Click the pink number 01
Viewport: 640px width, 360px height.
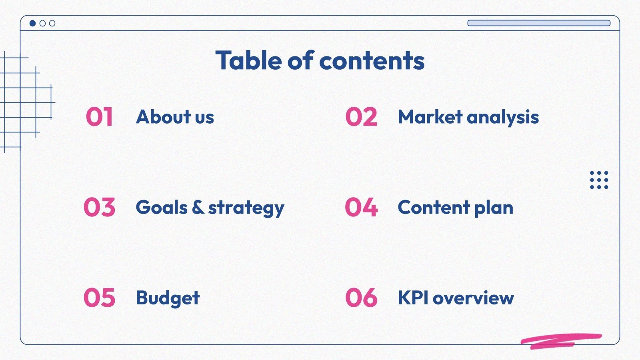(99, 117)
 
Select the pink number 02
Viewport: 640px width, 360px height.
(361, 117)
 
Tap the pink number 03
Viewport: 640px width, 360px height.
(99, 207)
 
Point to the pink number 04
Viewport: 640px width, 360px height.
(361, 207)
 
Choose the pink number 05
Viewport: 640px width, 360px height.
(99, 298)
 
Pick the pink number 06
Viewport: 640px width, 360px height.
(361, 298)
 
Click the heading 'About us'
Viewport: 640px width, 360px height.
(175, 117)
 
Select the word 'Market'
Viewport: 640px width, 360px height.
(430, 117)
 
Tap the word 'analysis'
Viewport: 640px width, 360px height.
(503, 118)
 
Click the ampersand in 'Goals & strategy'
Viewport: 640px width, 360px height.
(198, 207)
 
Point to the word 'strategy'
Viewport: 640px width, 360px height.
(246, 208)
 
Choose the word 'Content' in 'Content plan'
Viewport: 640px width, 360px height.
(434, 207)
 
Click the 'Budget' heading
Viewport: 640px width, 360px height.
(168, 298)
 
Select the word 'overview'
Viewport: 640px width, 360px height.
(473, 298)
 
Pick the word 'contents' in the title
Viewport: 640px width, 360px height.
(372, 61)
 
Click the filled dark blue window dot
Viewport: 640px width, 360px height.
(33, 23)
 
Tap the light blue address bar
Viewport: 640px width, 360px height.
(539, 23)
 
